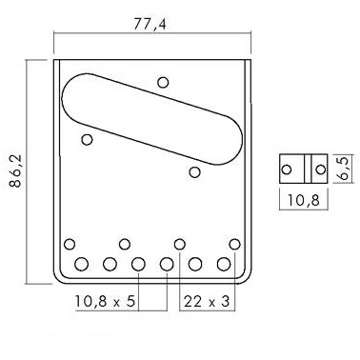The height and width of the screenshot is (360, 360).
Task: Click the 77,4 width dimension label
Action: click(x=150, y=24)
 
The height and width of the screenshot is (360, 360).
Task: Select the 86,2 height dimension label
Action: click(x=15, y=170)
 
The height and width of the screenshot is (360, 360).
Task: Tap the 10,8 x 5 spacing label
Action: click(x=105, y=301)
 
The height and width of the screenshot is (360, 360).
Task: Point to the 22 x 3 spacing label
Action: click(x=207, y=301)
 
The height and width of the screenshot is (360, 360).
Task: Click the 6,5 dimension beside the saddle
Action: click(x=343, y=168)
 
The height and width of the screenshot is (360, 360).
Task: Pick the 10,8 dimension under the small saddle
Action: click(x=304, y=200)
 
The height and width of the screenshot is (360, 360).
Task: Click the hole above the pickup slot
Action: click(x=163, y=83)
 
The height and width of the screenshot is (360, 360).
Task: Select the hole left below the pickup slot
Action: click(x=87, y=139)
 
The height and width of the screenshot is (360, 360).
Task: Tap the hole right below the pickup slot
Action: click(x=194, y=172)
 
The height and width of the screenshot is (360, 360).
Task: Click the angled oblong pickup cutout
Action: click(x=152, y=119)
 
